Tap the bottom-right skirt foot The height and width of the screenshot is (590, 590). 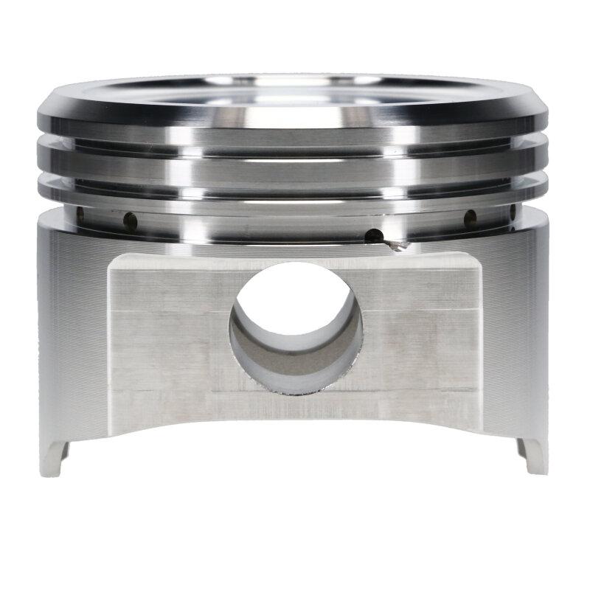click(x=533, y=456)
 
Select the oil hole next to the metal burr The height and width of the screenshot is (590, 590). click(x=375, y=237)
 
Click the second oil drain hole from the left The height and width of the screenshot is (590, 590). click(x=130, y=219)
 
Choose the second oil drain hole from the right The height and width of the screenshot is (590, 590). click(x=468, y=218)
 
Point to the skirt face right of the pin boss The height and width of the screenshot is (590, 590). click(x=516, y=332)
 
